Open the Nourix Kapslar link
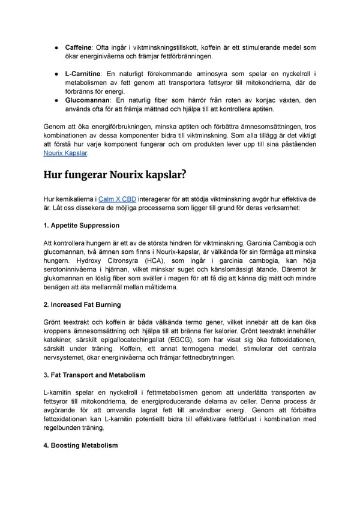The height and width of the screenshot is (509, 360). point(66,154)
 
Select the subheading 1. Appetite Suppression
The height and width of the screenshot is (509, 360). point(82,225)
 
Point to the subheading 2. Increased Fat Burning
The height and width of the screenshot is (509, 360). point(83,305)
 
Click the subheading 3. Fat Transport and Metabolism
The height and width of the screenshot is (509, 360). point(94,375)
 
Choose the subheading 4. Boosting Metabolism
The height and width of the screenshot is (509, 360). point(81,445)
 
